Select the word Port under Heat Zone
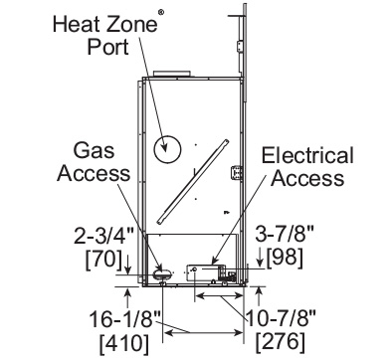click(x=107, y=47)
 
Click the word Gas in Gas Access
click(x=94, y=150)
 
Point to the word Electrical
click(x=307, y=155)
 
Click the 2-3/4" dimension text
click(x=103, y=235)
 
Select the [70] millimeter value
click(x=103, y=259)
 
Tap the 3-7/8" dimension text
click(x=285, y=234)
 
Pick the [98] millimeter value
click(x=285, y=258)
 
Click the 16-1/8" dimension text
click(x=125, y=319)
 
